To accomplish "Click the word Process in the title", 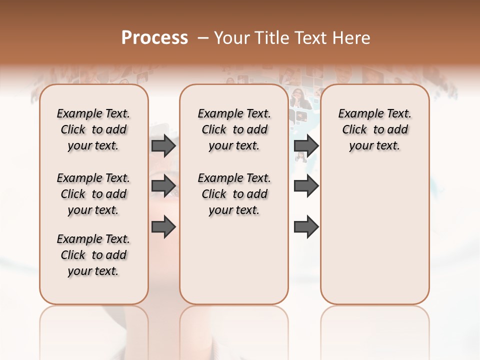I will [x=154, y=37].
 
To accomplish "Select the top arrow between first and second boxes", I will [x=163, y=145].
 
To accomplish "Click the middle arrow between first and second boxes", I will [x=163, y=186].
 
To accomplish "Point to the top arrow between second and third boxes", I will [x=306, y=145].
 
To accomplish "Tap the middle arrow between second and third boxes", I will [x=306, y=186].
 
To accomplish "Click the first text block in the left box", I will [x=93, y=129].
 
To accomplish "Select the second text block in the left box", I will [x=93, y=194].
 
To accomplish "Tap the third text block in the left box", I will [x=93, y=255].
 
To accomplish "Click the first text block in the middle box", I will [x=234, y=129].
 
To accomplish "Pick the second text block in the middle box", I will [x=234, y=194].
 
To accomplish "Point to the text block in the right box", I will [x=374, y=129].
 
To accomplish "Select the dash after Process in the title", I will [x=203, y=37].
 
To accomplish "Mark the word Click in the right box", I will [x=354, y=130].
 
